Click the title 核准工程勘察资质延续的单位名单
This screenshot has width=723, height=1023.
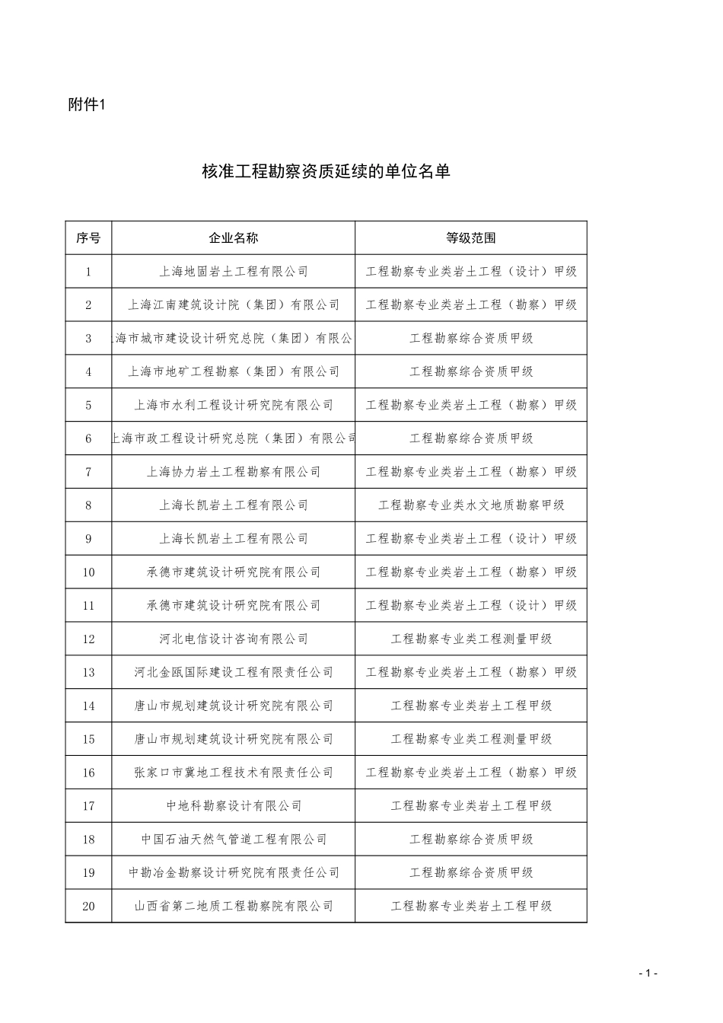[x=326, y=172]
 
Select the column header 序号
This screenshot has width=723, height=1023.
[x=88, y=237]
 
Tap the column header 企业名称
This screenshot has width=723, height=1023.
[x=234, y=237]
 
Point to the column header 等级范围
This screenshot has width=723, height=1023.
[x=471, y=237]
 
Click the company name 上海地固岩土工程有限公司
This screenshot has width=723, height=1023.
[x=234, y=271]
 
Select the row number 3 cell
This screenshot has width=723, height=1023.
[x=88, y=338]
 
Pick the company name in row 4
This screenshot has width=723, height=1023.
[x=234, y=371]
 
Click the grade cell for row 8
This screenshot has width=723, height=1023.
[x=471, y=505]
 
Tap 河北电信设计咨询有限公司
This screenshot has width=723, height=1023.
[x=234, y=639]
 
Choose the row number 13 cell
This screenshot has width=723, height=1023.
[x=88, y=672]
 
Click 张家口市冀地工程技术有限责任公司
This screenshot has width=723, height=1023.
[x=234, y=773]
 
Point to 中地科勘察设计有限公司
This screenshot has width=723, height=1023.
[x=234, y=805]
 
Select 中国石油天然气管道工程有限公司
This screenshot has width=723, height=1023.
[x=234, y=839]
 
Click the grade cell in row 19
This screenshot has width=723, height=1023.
[x=471, y=872]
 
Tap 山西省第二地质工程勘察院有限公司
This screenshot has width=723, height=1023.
[x=234, y=906]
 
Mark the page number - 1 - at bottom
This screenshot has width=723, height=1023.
[x=648, y=973]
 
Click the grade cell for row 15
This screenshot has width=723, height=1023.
[x=471, y=739]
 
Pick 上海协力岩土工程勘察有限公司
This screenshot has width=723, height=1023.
[x=234, y=472]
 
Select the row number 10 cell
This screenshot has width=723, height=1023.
[x=88, y=572]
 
